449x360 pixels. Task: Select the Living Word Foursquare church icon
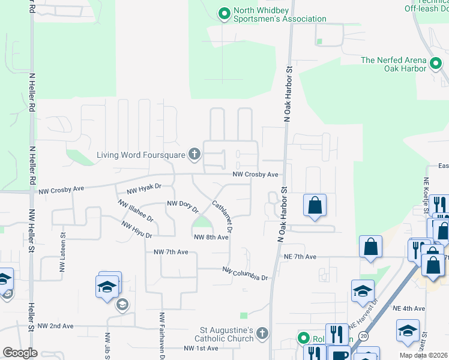click(x=194, y=155)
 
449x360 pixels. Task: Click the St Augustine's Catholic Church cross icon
click(x=262, y=334)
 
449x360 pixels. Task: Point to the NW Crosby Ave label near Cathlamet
click(x=256, y=175)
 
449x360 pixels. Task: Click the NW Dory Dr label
click(x=182, y=206)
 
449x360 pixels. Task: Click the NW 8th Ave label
click(x=211, y=238)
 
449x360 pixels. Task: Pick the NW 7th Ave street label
click(x=171, y=252)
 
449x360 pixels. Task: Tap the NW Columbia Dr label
click(x=245, y=274)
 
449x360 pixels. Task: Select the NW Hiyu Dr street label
click(x=136, y=230)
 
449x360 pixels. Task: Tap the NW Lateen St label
click(x=62, y=256)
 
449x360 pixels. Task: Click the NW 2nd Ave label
click(x=55, y=326)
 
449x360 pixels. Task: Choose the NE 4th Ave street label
click(x=409, y=308)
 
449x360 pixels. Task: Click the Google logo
click(x=20, y=353)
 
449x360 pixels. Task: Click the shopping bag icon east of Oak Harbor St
click(x=315, y=206)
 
